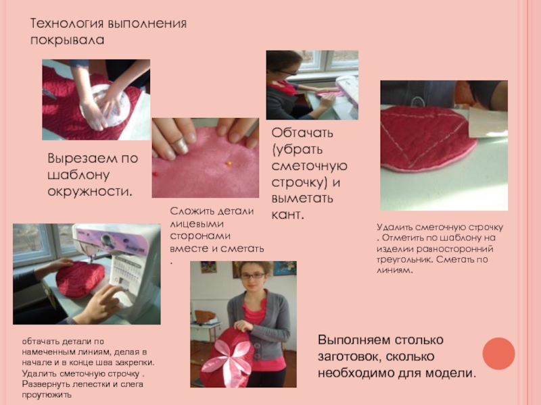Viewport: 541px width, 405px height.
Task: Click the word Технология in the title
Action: pyautogui.click(x=67, y=24)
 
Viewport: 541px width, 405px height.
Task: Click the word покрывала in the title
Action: pyautogui.click(x=67, y=40)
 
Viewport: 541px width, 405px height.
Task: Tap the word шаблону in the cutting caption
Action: pyautogui.click(x=78, y=175)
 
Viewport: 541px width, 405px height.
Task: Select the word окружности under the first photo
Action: pyautogui.click(x=90, y=192)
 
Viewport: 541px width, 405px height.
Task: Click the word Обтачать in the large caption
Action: pyautogui.click(x=302, y=132)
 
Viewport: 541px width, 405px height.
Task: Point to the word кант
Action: pyautogui.click(x=287, y=215)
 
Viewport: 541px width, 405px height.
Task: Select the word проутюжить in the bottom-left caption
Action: pyautogui.click(x=47, y=395)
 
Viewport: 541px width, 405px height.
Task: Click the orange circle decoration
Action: pyautogui.click(x=498, y=354)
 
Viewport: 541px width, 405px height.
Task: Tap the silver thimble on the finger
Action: pyautogui.click(x=180, y=145)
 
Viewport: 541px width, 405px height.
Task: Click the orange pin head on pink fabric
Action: pyautogui.click(x=229, y=163)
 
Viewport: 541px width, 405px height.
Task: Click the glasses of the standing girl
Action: pyautogui.click(x=253, y=275)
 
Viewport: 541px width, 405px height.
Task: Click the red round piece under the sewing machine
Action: pyautogui.click(x=80, y=279)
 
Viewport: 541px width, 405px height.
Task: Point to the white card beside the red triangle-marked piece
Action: pyautogui.click(x=488, y=122)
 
